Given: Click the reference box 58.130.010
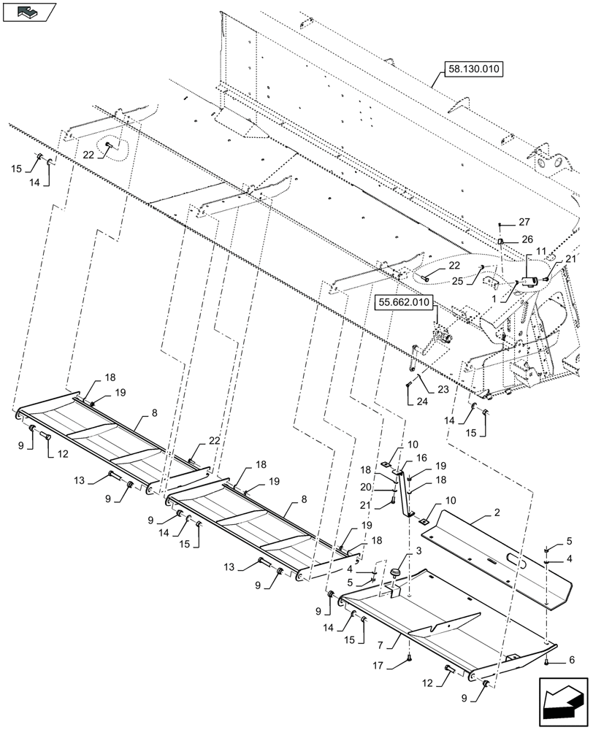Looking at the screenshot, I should point(473,70).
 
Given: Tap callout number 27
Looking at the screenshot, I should point(524,222).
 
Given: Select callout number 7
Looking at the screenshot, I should point(399,643).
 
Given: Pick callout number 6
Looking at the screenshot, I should point(571,659).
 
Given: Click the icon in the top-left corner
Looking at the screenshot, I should point(28,12).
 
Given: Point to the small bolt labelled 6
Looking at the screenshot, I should point(548,661).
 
